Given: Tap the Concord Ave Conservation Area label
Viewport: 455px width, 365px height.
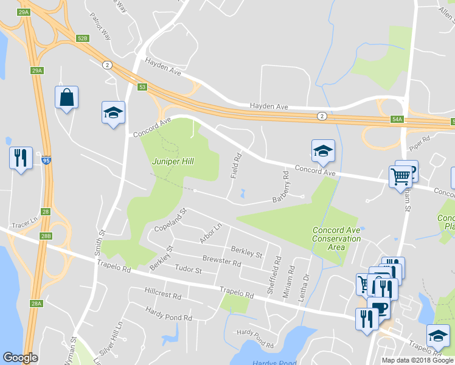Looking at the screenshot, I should coord(336,238).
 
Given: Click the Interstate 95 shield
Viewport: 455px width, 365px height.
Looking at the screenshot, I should coord(47,161).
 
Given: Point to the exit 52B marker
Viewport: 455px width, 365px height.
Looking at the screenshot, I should coord(83,38).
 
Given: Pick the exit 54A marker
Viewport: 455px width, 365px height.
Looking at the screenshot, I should coord(397,120).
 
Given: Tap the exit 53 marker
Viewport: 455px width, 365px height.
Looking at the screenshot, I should coord(142,87).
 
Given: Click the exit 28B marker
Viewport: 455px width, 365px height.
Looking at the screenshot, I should coord(47,235).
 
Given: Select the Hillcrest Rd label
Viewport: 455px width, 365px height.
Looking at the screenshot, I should coord(163,296).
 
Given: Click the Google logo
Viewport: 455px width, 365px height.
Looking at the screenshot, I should coord(20,358).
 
